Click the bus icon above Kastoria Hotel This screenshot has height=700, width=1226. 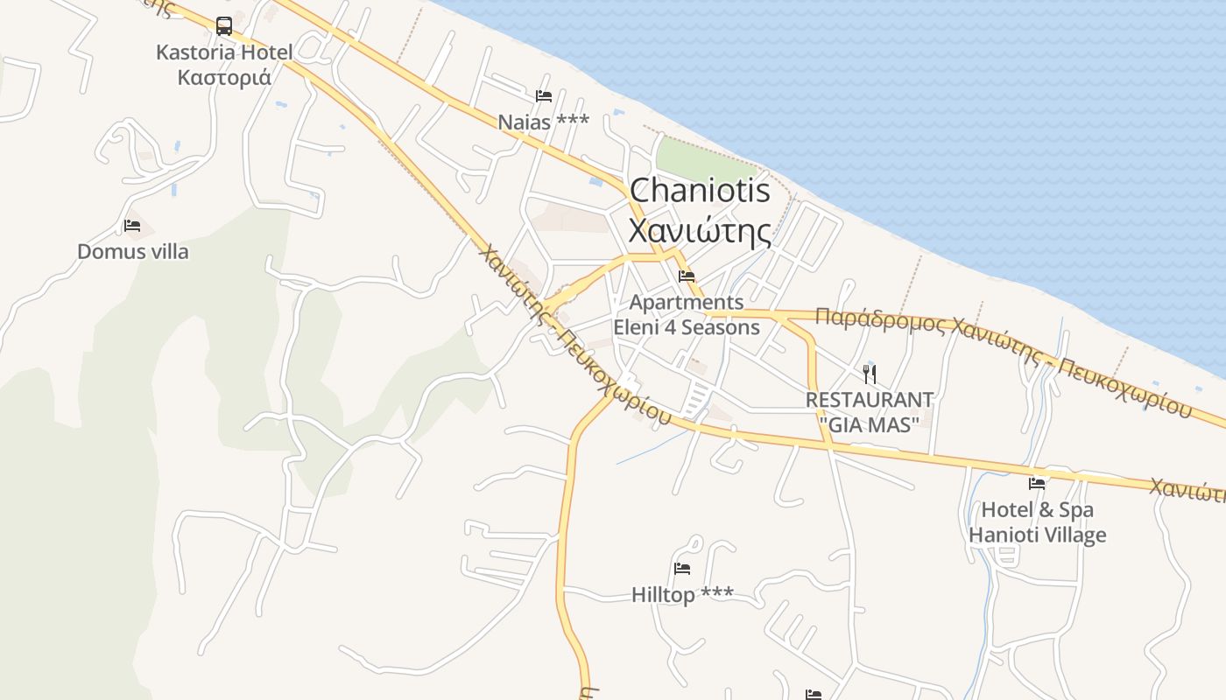tap(224, 25)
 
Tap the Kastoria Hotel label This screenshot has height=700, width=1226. tap(224, 65)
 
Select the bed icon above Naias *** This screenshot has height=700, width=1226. tap(544, 96)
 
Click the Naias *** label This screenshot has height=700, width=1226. tap(543, 122)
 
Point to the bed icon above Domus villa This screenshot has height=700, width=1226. tap(132, 226)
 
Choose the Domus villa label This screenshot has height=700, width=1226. tap(133, 252)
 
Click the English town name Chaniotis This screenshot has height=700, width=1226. tap(700, 191)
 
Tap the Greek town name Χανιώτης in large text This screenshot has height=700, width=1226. tap(700, 232)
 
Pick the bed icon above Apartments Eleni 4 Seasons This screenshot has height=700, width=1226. tap(687, 276)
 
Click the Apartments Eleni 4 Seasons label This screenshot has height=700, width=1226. tap(687, 315)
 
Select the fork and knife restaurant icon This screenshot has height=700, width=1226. tap(870, 374)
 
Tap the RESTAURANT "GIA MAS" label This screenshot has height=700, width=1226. tap(870, 412)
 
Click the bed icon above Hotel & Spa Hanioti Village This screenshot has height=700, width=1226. tap(1038, 483)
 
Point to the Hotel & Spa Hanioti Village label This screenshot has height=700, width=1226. tap(1038, 522)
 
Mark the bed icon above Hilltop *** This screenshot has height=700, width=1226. tap(682, 569)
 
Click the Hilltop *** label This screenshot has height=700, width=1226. tap(682, 595)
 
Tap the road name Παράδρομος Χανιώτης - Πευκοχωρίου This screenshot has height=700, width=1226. tap(1004, 359)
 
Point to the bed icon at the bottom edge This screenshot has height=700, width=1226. tap(814, 695)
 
